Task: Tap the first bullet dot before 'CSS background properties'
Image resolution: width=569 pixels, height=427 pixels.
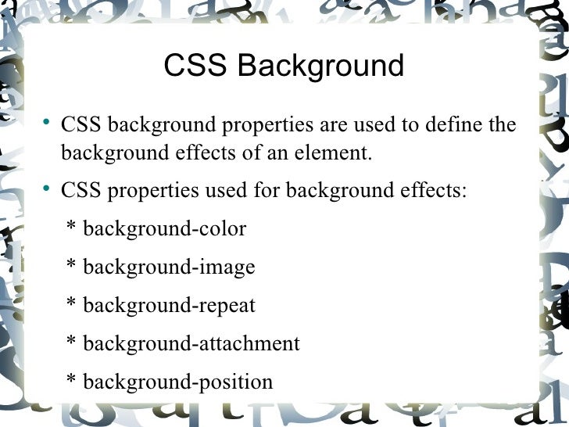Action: coord(47,123)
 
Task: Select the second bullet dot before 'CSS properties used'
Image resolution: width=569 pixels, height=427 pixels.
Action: coord(47,188)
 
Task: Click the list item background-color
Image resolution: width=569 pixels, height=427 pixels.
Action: coord(164,229)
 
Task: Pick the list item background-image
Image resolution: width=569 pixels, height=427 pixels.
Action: coord(169,267)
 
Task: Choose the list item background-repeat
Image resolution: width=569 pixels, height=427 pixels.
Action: coord(169,306)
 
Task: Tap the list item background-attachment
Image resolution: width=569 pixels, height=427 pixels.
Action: coord(191,344)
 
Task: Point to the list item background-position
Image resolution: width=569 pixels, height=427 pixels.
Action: coord(177,382)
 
